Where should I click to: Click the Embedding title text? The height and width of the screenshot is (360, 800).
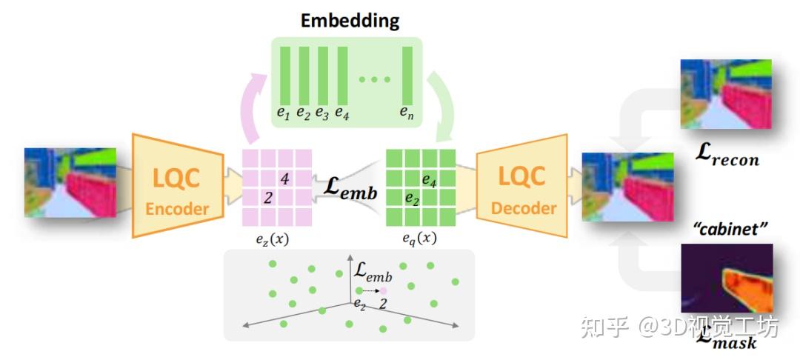coord(350,20)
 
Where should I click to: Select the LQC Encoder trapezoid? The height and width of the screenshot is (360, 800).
coord(179,185)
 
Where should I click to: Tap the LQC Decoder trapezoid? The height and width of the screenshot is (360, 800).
coord(523,185)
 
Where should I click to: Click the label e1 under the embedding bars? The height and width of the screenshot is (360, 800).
coord(284,113)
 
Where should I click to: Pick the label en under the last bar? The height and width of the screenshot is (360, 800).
coord(407,113)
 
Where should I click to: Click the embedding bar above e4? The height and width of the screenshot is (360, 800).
coord(342,74)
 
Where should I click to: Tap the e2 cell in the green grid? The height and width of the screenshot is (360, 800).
coord(412,199)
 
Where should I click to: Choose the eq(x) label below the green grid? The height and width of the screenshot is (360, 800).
coord(419,238)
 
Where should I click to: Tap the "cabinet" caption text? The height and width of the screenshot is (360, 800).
coord(727,230)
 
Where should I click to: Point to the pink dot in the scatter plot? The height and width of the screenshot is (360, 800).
coord(384,290)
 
